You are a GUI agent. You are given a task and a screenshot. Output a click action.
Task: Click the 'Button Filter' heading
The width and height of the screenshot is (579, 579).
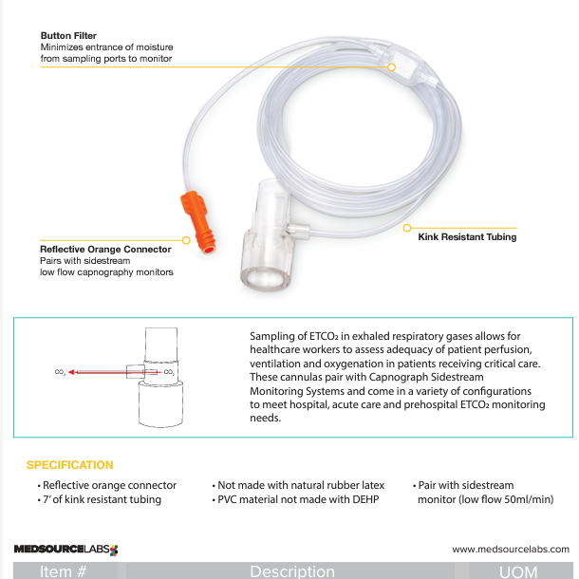tap(68, 36)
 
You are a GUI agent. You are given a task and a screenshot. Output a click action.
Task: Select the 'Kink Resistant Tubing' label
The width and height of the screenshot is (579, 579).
tap(467, 237)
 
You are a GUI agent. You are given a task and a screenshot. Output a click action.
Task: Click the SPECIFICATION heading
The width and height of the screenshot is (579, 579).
tap(69, 465)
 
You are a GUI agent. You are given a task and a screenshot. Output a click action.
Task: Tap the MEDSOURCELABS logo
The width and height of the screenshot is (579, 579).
tap(65, 549)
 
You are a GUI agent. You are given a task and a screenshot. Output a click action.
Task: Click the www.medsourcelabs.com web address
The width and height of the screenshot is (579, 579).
tap(511, 549)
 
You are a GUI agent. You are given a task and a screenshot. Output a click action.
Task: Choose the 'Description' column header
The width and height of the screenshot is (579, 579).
tap(292, 571)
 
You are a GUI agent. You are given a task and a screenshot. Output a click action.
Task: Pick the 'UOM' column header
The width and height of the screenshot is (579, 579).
tap(518, 571)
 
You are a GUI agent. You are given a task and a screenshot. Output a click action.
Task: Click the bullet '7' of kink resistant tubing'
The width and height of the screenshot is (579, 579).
tap(102, 499)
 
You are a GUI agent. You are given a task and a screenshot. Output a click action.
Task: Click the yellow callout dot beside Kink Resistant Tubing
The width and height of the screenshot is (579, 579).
tap(406, 228)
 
